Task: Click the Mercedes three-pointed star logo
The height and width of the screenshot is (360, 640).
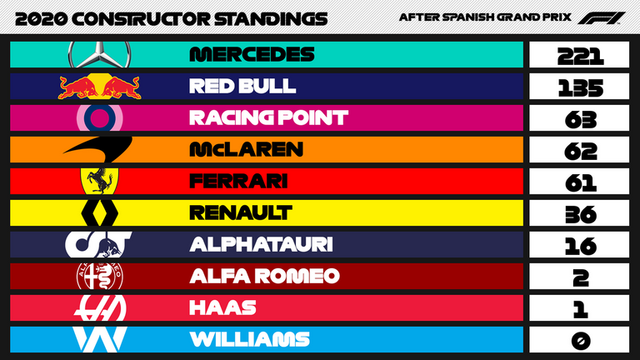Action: coord(100,55)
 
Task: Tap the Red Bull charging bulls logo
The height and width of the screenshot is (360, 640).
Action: coord(100,86)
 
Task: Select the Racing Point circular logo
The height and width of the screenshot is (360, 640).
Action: coord(100,118)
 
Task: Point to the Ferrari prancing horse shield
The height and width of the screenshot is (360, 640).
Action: coord(100,181)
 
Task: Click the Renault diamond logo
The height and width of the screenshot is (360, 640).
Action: coord(100,212)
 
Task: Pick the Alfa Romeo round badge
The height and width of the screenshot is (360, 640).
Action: coord(100,276)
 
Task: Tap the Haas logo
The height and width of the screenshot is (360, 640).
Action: coord(100,307)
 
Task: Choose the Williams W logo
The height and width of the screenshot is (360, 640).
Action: coord(100,339)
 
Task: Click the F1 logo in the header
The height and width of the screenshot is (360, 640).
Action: coord(601,18)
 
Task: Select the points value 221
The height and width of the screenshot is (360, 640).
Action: coord(580,56)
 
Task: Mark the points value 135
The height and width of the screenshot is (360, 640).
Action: coord(580,87)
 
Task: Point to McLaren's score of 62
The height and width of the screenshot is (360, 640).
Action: coord(580,151)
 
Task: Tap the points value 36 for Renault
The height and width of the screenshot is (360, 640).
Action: coord(580,214)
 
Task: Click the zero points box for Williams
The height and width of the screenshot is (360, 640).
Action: coord(580,340)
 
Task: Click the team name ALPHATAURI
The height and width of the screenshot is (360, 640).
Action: coord(261,244)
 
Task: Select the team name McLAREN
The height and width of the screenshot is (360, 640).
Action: coord(246,149)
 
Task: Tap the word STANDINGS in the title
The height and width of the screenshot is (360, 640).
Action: coord(271,19)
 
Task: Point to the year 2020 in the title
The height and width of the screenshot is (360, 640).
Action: coord(41,19)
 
